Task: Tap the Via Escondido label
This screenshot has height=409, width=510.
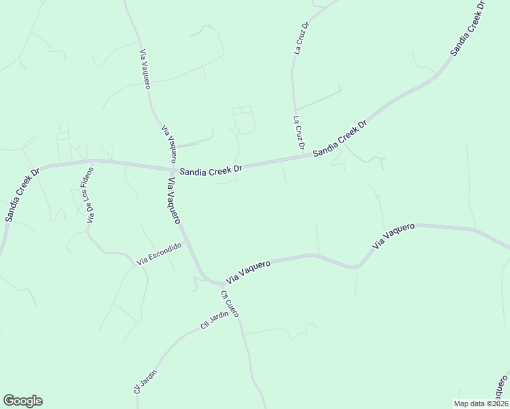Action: (x=159, y=254)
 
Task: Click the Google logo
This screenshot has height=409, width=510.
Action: (x=22, y=401)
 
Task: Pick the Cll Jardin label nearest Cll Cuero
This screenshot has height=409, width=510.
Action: (x=213, y=327)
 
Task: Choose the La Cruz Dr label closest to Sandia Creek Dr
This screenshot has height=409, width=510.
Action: (x=298, y=133)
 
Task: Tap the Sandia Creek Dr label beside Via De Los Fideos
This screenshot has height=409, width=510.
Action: (x=22, y=194)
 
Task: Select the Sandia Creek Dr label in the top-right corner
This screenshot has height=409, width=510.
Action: (x=468, y=27)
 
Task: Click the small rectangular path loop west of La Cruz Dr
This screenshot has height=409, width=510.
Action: (x=243, y=119)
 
